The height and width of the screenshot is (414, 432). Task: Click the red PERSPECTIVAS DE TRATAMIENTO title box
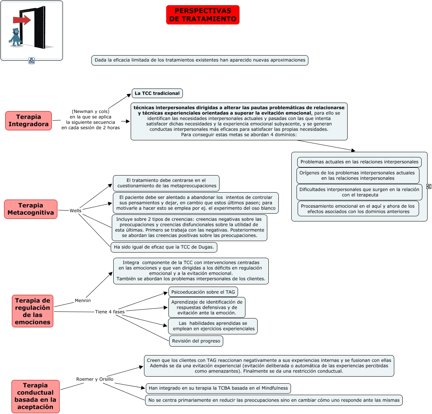[x=203, y=15]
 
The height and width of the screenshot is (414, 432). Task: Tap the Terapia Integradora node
[x=29, y=121]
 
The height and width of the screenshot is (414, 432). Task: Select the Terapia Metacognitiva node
[x=31, y=209]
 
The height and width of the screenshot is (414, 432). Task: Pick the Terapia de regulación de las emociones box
[x=33, y=311]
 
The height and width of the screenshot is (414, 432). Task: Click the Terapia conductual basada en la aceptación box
[x=36, y=396]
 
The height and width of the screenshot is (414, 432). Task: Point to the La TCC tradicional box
[x=157, y=93]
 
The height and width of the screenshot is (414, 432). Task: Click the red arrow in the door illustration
[x=22, y=20]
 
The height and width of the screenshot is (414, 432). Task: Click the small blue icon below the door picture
[x=31, y=61]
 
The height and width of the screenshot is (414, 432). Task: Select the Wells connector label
[x=76, y=211]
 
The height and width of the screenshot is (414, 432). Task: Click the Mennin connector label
[x=83, y=301]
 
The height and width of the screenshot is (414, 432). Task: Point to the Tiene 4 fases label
[x=110, y=312]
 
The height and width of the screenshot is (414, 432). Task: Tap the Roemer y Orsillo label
[x=95, y=379]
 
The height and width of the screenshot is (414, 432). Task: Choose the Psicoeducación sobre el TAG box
[x=203, y=292]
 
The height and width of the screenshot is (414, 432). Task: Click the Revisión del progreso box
[x=196, y=341]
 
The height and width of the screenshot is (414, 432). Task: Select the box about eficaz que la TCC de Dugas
[x=164, y=247]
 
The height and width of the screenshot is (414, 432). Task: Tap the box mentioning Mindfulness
[x=218, y=388]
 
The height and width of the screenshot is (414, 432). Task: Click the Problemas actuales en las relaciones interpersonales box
[x=359, y=162]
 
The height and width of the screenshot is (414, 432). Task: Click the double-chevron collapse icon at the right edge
[x=429, y=186]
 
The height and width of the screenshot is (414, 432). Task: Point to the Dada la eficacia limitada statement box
[x=200, y=60]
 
